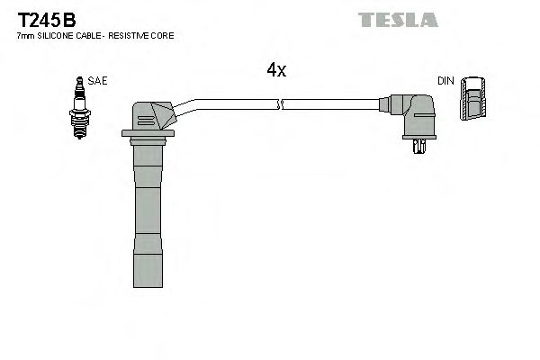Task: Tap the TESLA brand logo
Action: pyautogui.click(x=397, y=19)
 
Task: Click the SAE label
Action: pyautogui.click(x=97, y=81)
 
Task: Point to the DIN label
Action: pyautogui.click(x=445, y=81)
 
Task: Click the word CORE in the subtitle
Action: pyautogui.click(x=163, y=35)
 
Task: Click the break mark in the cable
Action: pyautogui.click(x=283, y=104)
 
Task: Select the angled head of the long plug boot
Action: pyautogui.click(x=153, y=114)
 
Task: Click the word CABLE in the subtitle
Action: pyautogui.click(x=88, y=35)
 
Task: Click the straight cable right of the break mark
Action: pyautogui.click(x=333, y=104)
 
